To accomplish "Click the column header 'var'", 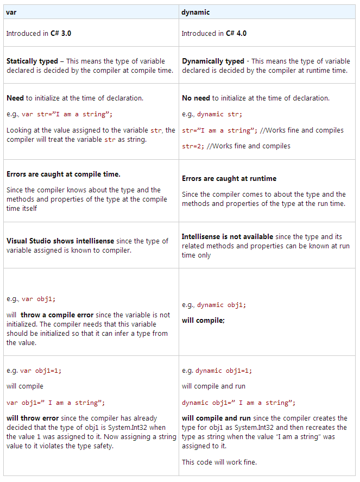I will click(x=11, y=12).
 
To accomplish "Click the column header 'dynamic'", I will click(x=195, y=12).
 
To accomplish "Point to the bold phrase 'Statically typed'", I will click(x=31, y=61).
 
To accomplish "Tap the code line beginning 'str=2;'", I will click(x=191, y=146).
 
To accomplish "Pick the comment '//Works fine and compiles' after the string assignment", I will click(x=302, y=130).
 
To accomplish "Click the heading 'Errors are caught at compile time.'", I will click(x=63, y=174).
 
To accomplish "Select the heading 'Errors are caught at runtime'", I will click(x=229, y=179).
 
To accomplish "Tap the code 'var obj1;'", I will click(x=39, y=299).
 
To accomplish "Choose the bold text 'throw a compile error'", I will click(x=57, y=315).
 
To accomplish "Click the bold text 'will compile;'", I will click(x=203, y=321).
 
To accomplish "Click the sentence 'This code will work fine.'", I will click(x=219, y=462).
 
